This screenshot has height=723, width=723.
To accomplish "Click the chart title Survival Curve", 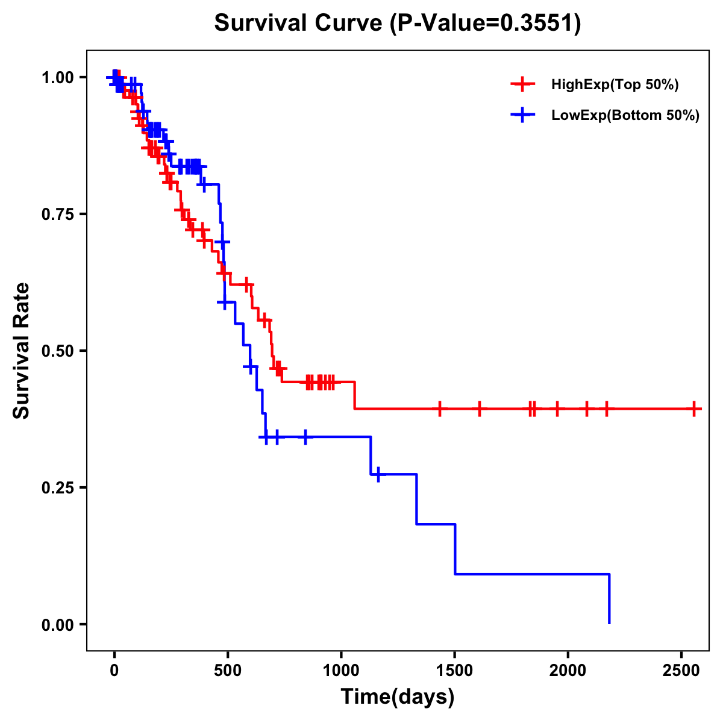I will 298,23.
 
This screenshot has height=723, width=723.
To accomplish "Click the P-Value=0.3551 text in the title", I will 486,23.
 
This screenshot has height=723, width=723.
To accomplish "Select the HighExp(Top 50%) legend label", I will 615,85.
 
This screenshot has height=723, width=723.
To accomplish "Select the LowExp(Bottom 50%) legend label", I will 625,116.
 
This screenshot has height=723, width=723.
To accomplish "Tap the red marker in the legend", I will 522,85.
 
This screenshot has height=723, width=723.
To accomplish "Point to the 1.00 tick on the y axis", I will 57,78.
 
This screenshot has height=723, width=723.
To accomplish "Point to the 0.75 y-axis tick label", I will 57,214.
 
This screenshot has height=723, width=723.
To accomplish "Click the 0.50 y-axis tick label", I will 57,351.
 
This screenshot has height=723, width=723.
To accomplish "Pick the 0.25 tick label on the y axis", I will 57,488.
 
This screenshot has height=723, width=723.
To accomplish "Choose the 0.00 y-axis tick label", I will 57,625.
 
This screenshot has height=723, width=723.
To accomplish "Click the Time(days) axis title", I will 398,697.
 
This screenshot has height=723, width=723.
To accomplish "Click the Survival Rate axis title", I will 22,351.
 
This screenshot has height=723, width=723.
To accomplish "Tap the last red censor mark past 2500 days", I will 695,409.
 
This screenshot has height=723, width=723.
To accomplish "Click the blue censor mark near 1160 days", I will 378,475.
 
